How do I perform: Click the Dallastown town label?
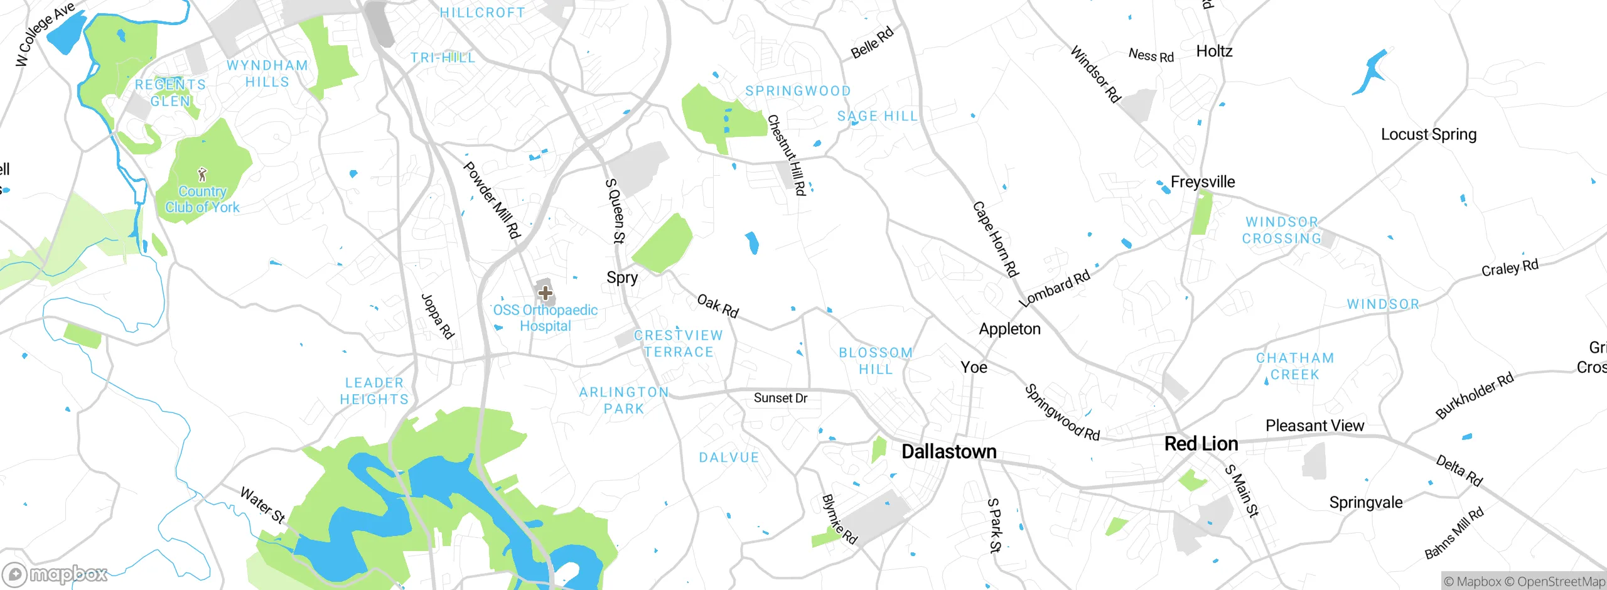[949, 451]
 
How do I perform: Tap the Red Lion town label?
[1201, 444]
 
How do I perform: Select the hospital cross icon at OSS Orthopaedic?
[545, 292]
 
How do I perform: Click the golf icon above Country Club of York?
[202, 174]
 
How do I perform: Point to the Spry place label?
[621, 277]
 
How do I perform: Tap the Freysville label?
[1202, 182]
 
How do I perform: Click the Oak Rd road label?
[718, 306]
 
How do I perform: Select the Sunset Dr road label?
[780, 398]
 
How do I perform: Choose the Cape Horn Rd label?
[995, 239]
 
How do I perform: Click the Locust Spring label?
[1428, 134]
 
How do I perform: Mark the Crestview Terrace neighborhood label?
[679, 343]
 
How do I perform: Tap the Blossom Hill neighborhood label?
[876, 361]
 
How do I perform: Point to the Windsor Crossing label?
[1282, 230]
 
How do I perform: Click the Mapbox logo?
[55, 574]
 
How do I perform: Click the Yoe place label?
[974, 367]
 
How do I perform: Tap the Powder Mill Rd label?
[492, 200]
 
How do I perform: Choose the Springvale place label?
[1365, 503]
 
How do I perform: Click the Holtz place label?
[1214, 51]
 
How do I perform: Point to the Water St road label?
[262, 505]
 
